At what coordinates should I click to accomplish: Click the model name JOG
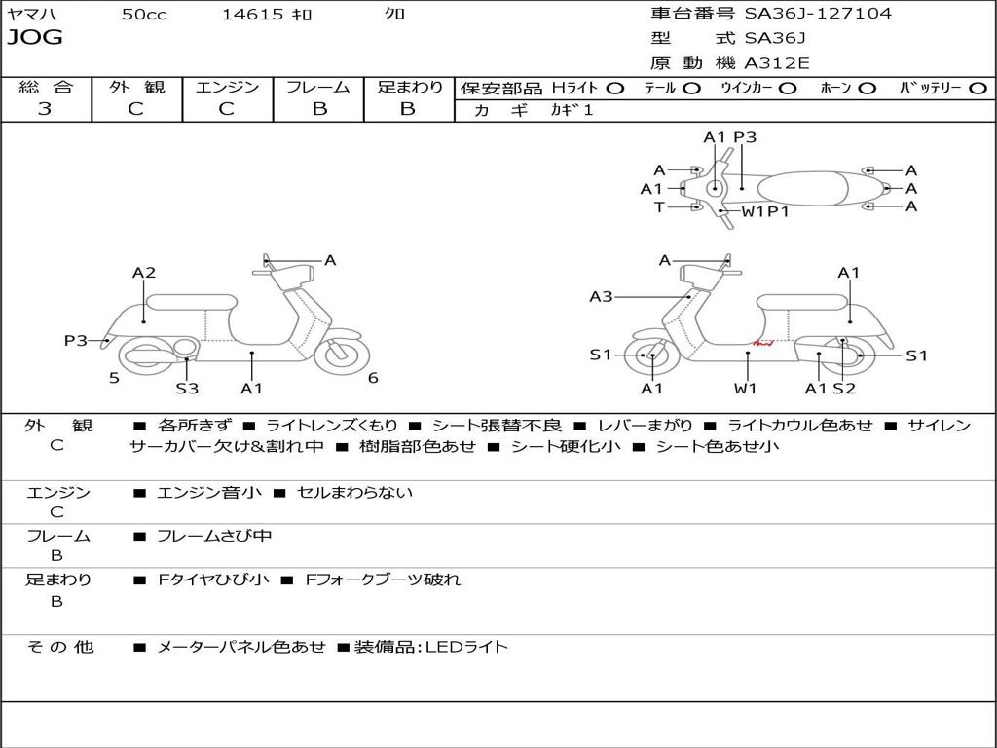coord(35,38)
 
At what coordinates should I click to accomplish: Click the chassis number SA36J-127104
coord(818,13)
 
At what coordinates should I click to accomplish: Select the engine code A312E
coord(777,63)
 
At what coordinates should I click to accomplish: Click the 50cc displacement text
coord(144,14)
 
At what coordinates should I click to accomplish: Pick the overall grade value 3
coord(45,109)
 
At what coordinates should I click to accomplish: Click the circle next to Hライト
coord(615,89)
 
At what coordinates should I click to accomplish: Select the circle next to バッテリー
coord(978,89)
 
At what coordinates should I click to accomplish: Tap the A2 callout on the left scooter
coord(144,273)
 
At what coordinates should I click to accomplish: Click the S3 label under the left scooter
coord(187,388)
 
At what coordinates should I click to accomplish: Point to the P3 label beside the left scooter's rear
coord(76,340)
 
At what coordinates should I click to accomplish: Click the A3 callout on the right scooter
coord(601,296)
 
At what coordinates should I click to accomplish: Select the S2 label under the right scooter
coord(844,388)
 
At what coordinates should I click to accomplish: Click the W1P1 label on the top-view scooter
coord(765,211)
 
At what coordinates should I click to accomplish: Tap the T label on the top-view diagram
coord(659,206)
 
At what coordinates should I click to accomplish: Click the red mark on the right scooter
coord(763,344)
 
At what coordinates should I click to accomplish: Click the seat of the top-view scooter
coord(802,189)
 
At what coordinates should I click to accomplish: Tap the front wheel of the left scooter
coord(342,355)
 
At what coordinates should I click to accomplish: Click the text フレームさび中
coord(214,537)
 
